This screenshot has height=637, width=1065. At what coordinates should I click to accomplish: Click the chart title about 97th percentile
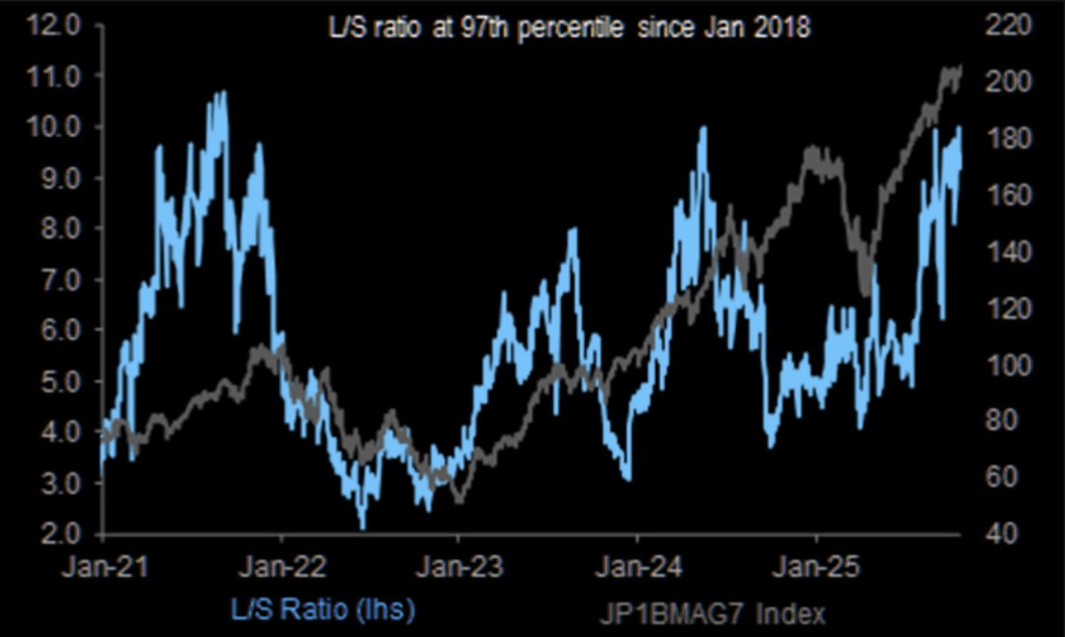[568, 28]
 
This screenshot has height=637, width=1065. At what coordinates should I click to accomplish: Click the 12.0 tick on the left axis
[55, 25]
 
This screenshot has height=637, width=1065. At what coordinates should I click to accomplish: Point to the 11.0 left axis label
[55, 76]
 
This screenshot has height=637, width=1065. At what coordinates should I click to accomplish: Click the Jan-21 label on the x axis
[105, 564]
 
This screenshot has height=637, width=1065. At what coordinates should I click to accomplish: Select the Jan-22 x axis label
[282, 564]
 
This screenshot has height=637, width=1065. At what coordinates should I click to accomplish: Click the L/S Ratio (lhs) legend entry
[322, 610]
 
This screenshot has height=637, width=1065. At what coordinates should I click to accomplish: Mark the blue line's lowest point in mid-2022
[362, 527]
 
